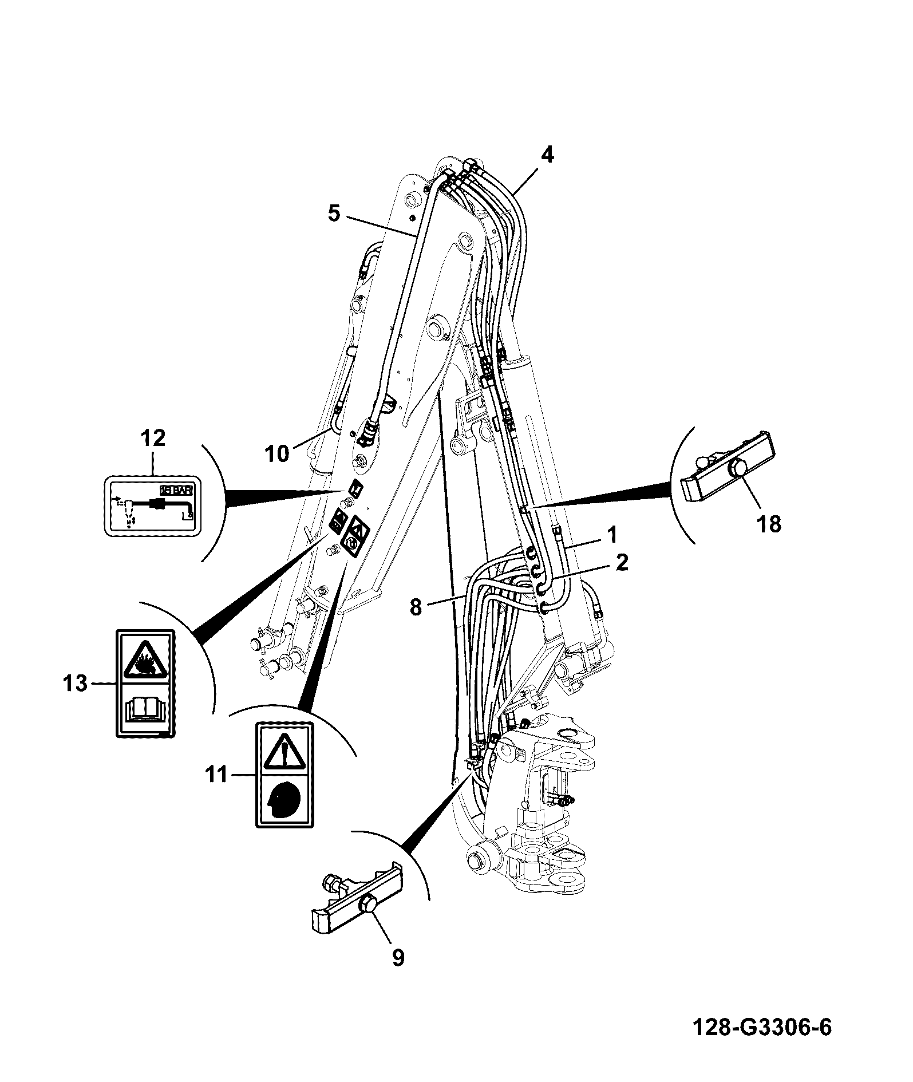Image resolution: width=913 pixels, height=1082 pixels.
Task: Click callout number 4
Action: click(x=547, y=155)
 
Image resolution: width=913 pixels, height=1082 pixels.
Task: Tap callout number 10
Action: click(x=278, y=453)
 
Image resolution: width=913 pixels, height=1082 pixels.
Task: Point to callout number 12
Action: click(x=152, y=438)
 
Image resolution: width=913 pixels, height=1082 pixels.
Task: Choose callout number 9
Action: click(x=398, y=957)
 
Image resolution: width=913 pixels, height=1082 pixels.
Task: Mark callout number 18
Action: click(x=768, y=523)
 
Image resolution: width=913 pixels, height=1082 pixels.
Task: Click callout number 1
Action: click(x=612, y=535)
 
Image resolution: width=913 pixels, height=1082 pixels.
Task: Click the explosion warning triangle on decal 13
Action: click(x=146, y=657)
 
